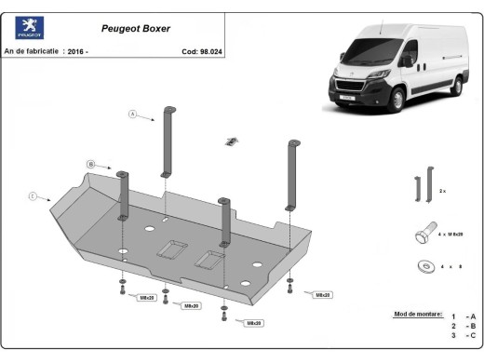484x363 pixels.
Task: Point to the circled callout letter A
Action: pyautogui.click(x=133, y=114)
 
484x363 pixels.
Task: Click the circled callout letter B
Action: pyautogui.click(x=91, y=164)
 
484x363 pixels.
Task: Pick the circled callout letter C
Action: pyautogui.click(x=33, y=195)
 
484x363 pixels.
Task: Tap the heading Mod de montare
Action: pyautogui.click(x=418, y=314)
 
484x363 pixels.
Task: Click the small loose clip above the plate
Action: pyautogui.click(x=229, y=141)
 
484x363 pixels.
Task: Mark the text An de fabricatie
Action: pyautogui.click(x=33, y=51)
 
